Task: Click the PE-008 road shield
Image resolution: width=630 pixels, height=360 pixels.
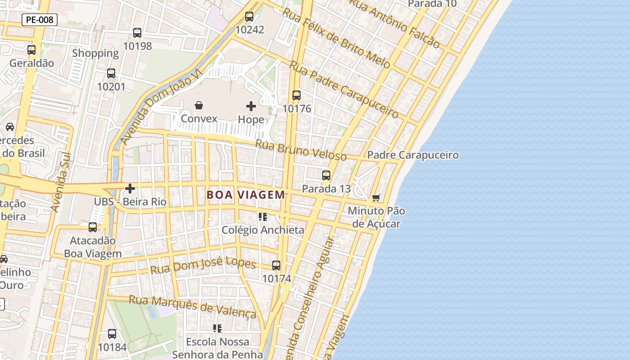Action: [40, 20]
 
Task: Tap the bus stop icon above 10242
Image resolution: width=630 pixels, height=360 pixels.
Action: [249, 17]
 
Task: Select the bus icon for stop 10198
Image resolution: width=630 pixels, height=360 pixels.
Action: [137, 33]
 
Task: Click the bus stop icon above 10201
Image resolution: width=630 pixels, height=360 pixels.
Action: [111, 73]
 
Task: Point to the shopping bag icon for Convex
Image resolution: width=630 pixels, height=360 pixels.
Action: [199, 106]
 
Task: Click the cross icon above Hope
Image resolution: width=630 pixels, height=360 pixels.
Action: [251, 106]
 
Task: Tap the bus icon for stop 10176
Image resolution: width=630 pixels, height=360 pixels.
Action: [297, 95]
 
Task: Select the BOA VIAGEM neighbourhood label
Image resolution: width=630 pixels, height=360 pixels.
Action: [246, 195]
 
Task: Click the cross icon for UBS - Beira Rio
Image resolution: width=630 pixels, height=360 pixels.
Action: [130, 189]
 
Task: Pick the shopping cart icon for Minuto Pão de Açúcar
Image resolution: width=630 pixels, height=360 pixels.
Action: [376, 198]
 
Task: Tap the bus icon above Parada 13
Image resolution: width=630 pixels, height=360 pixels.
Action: [326, 175]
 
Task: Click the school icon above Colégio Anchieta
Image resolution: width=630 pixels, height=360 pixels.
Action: [263, 217]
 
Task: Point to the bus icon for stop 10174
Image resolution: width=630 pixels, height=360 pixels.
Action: [276, 265]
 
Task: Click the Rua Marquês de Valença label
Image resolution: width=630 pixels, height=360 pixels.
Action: [193, 306]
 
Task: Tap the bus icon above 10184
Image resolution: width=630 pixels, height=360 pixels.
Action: [112, 334]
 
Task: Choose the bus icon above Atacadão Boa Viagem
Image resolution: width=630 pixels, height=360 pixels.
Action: [93, 227]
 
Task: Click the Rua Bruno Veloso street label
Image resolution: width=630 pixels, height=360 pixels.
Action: [301, 150]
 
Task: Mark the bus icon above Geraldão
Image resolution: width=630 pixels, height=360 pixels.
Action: [31, 50]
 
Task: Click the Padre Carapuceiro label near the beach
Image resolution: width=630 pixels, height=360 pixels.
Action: [413, 155]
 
